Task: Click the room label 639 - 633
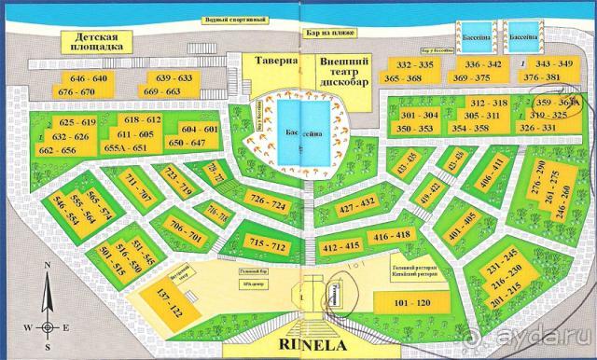[x=174, y=77]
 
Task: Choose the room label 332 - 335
[x=415, y=64]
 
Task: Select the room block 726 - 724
[x=268, y=202]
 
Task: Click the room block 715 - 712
[x=267, y=244]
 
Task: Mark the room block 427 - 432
[x=357, y=201]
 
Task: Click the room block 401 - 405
[x=462, y=221]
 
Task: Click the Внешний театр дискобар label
[x=346, y=70]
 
